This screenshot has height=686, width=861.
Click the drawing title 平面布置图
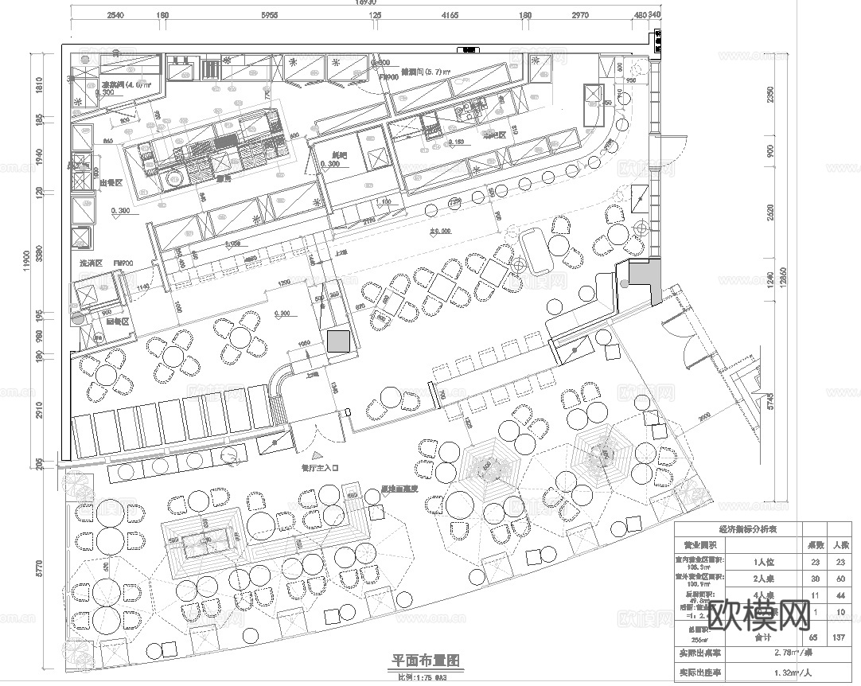(426, 661)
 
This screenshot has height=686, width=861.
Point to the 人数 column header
(840, 545)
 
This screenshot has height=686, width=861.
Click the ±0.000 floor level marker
(440, 232)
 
